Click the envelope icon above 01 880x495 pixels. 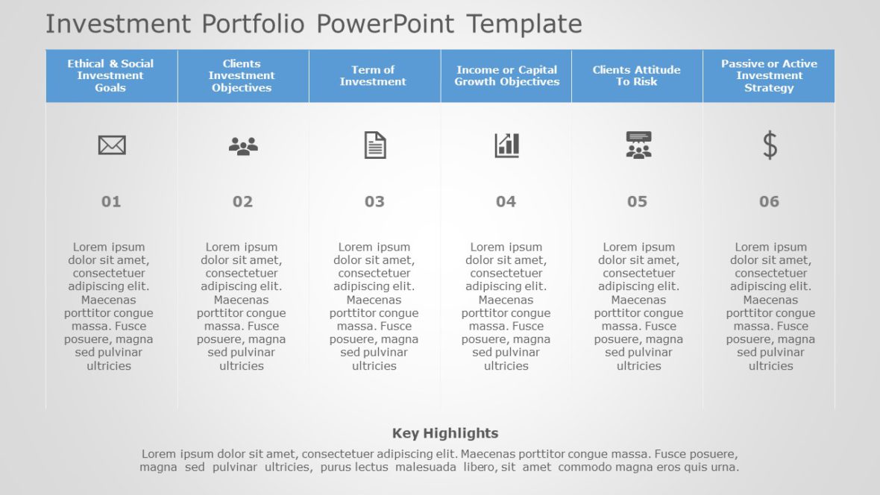112,145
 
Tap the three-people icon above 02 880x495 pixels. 243,145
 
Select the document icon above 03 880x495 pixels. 375,145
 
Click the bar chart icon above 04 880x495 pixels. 506,145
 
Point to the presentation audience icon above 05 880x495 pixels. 638,145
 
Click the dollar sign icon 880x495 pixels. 770,145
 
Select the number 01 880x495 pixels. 111,201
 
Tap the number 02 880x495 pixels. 242,201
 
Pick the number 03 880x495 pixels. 374,201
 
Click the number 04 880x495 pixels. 506,201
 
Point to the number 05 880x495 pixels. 637,201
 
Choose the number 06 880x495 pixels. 769,201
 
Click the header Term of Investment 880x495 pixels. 373,76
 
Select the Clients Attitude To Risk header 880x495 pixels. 637,76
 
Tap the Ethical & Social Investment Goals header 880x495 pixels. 110,76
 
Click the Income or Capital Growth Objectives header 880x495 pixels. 506,76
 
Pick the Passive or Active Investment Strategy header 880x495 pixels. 769,76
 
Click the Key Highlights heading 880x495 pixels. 445,433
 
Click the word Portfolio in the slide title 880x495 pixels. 253,24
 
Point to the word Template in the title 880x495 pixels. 524,24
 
